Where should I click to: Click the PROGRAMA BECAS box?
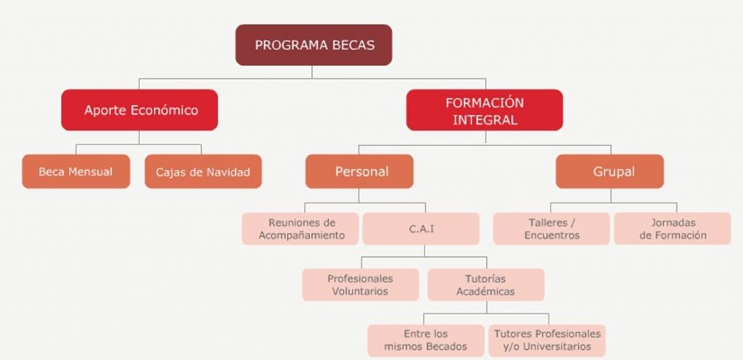(313, 45)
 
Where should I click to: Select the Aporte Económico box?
(139, 110)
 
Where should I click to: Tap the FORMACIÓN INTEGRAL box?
(484, 110)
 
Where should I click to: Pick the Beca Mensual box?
(75, 171)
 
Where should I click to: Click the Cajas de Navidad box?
(203, 171)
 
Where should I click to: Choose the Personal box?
(359, 171)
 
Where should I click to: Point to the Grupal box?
(609, 171)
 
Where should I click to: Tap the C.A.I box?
(421, 229)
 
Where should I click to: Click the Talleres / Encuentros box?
(551, 229)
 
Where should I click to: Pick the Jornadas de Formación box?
(673, 229)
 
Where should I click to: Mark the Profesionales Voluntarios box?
(361, 285)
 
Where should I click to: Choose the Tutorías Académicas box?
(485, 285)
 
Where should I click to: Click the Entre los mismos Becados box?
(425, 340)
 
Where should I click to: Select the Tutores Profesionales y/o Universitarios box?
(547, 340)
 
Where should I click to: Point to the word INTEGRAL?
(485, 120)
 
